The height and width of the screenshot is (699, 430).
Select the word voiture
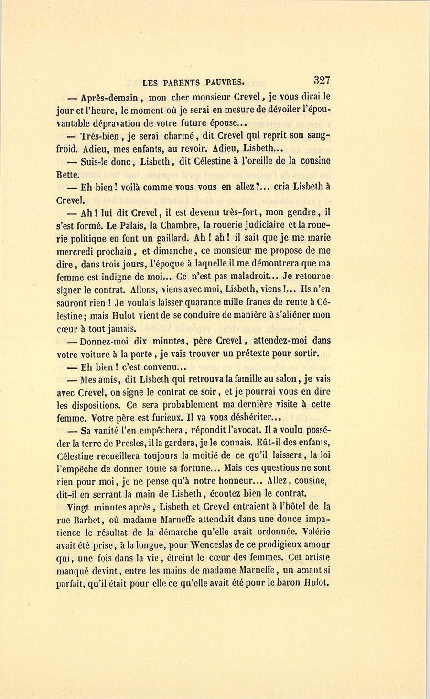click(x=91, y=354)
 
